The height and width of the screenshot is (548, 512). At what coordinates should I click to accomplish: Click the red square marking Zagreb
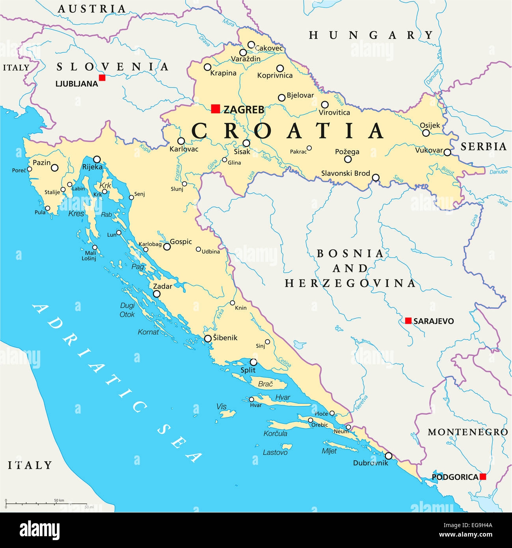(215, 109)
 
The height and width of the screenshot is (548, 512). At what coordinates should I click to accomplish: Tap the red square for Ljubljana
(102, 78)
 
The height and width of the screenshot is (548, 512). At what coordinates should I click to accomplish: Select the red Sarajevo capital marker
(408, 321)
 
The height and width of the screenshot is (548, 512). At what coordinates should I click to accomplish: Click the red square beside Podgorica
(482, 477)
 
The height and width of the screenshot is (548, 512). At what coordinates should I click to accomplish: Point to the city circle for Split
(253, 362)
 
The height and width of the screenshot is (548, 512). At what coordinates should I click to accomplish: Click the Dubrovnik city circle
(389, 456)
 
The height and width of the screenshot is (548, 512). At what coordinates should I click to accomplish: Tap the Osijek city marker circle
(426, 133)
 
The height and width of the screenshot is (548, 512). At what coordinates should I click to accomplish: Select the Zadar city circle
(156, 294)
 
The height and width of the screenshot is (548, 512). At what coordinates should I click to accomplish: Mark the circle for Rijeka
(97, 159)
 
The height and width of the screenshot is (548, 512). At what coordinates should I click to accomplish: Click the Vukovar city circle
(447, 152)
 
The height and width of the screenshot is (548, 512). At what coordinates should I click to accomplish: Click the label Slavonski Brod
(345, 173)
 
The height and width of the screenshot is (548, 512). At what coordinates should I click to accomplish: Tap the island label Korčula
(275, 433)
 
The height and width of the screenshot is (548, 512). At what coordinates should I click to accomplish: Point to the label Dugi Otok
(127, 310)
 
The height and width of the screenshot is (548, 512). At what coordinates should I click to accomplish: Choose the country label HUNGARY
(371, 35)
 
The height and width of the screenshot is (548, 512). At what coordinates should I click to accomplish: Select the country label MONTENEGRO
(467, 432)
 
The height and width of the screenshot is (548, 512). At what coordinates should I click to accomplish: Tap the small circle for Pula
(48, 208)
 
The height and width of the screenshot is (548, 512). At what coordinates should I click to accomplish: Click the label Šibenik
(225, 337)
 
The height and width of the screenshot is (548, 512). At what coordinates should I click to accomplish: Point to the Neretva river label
(361, 403)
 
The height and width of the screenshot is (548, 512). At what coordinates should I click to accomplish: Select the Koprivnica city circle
(280, 68)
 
